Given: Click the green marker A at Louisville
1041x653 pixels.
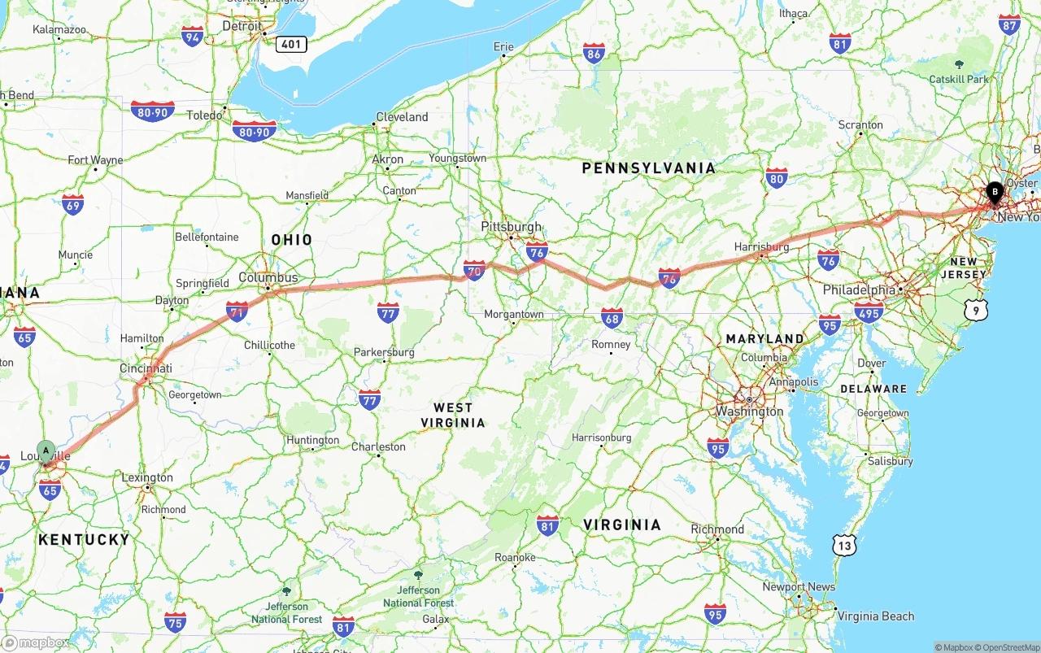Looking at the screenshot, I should pyautogui.click(x=46, y=450).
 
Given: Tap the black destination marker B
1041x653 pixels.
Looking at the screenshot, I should pyautogui.click(x=994, y=193).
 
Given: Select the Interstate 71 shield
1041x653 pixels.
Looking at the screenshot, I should pyautogui.click(x=237, y=311).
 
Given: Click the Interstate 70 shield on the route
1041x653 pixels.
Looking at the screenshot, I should pyautogui.click(x=474, y=269).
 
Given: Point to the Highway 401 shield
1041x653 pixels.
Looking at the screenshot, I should pyautogui.click(x=291, y=44).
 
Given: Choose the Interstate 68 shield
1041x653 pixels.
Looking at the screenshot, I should pyautogui.click(x=612, y=317).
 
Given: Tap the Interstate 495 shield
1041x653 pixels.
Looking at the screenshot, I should pyautogui.click(x=869, y=311).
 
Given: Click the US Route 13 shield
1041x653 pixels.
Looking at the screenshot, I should pyautogui.click(x=844, y=546).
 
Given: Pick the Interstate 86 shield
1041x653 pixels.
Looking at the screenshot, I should pyautogui.click(x=594, y=54).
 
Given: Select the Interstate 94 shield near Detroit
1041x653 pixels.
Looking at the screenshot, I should pyautogui.click(x=193, y=36).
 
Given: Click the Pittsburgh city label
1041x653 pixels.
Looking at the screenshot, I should pyautogui.click(x=511, y=227).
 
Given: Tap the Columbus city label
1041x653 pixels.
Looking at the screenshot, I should pyautogui.click(x=268, y=278).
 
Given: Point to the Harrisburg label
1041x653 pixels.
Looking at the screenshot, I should pyautogui.click(x=761, y=247).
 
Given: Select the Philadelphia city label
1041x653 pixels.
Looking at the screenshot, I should pyautogui.click(x=859, y=290).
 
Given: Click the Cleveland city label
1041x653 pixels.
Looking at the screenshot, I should pyautogui.click(x=401, y=117).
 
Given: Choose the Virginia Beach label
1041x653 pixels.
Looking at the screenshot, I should pyautogui.click(x=875, y=616).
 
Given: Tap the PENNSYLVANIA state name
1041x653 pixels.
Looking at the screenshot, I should pyautogui.click(x=649, y=168).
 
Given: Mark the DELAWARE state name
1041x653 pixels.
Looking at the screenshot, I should pyautogui.click(x=873, y=389).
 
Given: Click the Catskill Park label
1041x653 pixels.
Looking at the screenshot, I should pyautogui.click(x=960, y=79).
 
